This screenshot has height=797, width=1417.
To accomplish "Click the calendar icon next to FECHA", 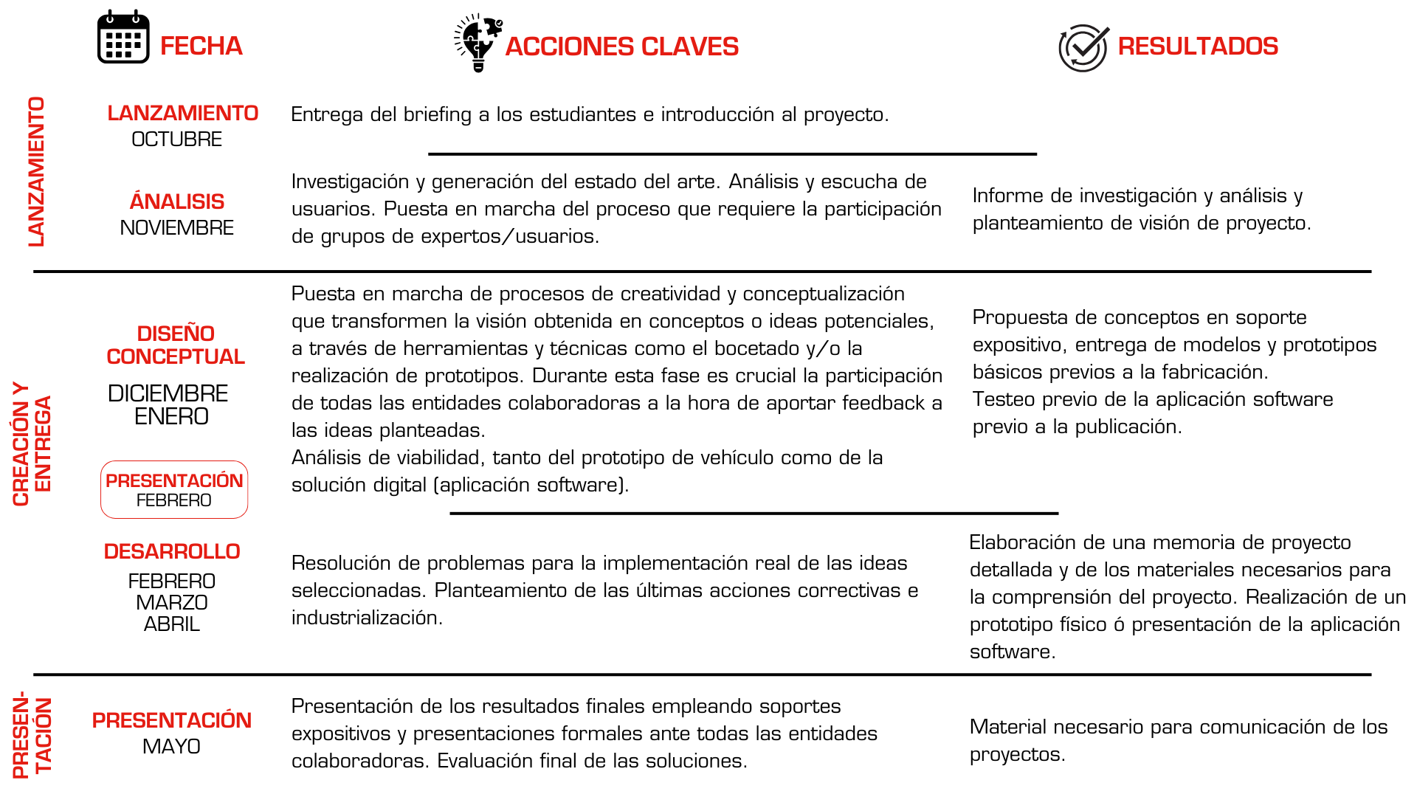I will coord(123,38).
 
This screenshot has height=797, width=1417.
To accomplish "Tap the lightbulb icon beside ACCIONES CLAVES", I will coord(478,43).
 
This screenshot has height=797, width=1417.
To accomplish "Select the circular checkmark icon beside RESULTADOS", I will coord(1083,47).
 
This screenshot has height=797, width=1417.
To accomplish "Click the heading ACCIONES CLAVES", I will coord(621,46).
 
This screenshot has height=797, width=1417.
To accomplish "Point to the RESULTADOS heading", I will coord(1197,46).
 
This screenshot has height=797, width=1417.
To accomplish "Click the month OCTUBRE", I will coord(176,139).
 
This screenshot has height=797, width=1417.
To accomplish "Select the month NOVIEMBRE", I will coord(176,228).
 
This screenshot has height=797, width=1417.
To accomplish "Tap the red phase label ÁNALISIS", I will coord(177,201).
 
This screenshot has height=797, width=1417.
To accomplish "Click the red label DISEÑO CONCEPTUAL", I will coord(176,345).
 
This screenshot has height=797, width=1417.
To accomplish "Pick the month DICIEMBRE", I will coord(168,393).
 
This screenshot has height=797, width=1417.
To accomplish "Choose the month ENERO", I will coord(171,417).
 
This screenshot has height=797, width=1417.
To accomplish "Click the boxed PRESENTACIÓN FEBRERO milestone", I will coord(174,489).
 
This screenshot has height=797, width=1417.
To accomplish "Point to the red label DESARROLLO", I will coord(172,551).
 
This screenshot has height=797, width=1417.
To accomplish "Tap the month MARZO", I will coord(172,603).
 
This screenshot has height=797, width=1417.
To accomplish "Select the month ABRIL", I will coord(172,624).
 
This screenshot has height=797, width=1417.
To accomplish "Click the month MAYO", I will coord(171,747).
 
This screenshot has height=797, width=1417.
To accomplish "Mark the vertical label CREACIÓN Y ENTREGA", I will coord(32,444).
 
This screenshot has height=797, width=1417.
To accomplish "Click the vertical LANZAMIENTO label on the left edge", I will coord(36,171).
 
